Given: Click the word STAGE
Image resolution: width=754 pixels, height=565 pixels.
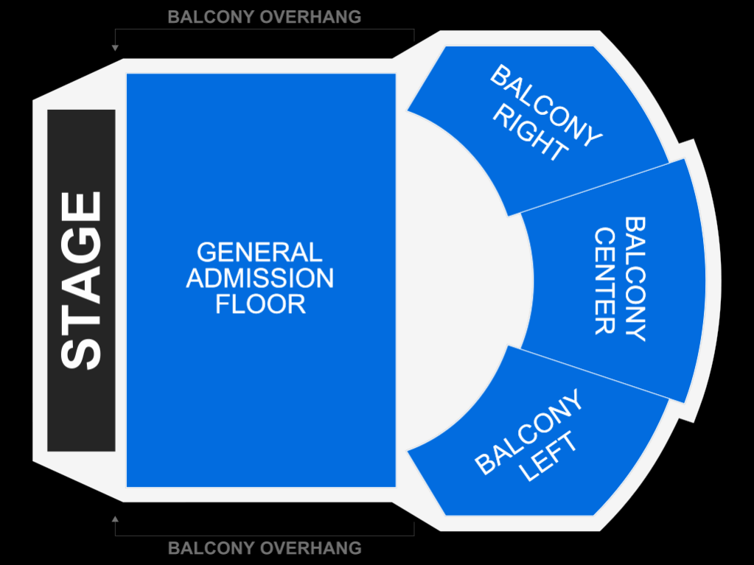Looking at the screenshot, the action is [81, 281].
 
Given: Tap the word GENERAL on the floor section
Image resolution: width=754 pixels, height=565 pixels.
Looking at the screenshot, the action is [259, 253].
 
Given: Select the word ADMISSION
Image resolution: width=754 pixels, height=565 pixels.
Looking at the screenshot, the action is [260, 278].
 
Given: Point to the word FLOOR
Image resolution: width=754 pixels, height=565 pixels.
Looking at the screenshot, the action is [260, 304].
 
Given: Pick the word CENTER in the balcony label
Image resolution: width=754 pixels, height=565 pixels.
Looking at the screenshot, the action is [605, 281].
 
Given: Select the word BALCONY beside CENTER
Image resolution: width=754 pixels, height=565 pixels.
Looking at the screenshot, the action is [635, 278].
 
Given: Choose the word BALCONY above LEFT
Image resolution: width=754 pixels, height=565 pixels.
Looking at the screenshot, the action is [528, 432].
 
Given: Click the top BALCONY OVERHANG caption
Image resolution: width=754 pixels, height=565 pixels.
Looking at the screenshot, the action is [265, 17].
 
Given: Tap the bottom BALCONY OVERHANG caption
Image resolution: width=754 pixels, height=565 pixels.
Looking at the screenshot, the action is [265, 548].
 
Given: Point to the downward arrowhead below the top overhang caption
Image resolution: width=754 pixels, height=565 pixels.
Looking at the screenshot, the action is [115, 48].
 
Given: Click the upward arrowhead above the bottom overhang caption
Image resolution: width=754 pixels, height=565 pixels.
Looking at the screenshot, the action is [115, 519].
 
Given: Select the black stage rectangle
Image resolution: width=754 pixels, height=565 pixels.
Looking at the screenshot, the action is [81, 281].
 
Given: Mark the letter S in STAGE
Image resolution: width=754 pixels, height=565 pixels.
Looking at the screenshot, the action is [81, 354].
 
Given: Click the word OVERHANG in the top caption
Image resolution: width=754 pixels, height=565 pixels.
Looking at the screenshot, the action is [311, 17].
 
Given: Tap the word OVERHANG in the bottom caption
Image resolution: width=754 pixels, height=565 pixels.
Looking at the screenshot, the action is [311, 548].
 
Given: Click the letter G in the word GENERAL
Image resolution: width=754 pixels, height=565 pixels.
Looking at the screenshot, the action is [207, 253].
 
